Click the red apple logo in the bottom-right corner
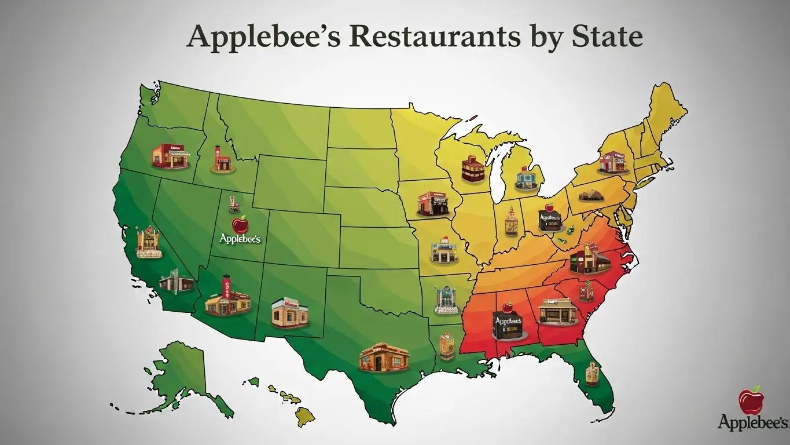pyautogui.click(x=751, y=401)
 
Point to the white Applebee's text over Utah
pyautogui.click(x=241, y=238)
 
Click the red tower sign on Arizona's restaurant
pyautogui.click(x=226, y=287)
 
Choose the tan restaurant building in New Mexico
pyautogui.click(x=289, y=313)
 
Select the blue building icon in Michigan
pyautogui.click(x=526, y=178)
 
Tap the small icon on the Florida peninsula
pyautogui.click(x=591, y=373)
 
